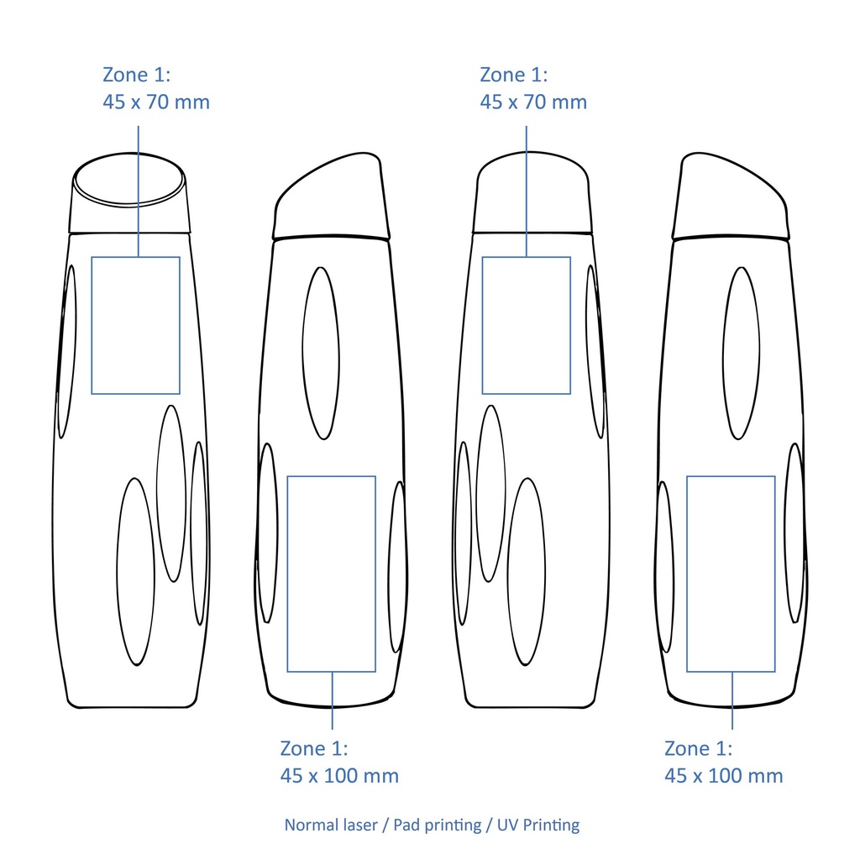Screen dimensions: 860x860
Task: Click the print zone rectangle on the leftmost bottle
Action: (92, 325)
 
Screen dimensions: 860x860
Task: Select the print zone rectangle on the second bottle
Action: (287, 574)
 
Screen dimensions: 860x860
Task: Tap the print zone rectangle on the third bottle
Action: (483, 325)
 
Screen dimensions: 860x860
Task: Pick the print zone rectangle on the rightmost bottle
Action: (687, 574)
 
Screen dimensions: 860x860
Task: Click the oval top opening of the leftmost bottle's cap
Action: (128, 205)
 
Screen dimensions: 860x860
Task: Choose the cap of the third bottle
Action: (532, 192)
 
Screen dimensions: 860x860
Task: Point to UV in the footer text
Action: (507, 825)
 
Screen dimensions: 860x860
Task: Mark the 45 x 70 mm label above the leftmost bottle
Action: (156, 102)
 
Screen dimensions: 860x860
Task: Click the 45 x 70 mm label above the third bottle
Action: (533, 102)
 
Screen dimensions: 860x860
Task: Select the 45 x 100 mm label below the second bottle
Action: (339, 776)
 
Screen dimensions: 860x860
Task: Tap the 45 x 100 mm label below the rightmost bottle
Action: (724, 776)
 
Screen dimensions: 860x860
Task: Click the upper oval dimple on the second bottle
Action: (302, 354)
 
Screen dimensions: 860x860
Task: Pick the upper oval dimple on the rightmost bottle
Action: (723, 354)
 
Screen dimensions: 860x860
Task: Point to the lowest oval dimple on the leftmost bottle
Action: (117, 571)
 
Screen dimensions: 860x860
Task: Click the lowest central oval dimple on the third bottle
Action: (508, 571)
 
